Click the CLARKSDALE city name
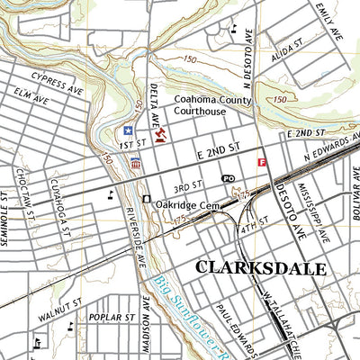[x=248, y=267]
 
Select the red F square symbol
[x=262, y=163]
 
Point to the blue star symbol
[x=128, y=130]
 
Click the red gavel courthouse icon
[x=160, y=135]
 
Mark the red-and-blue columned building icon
[x=136, y=164]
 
